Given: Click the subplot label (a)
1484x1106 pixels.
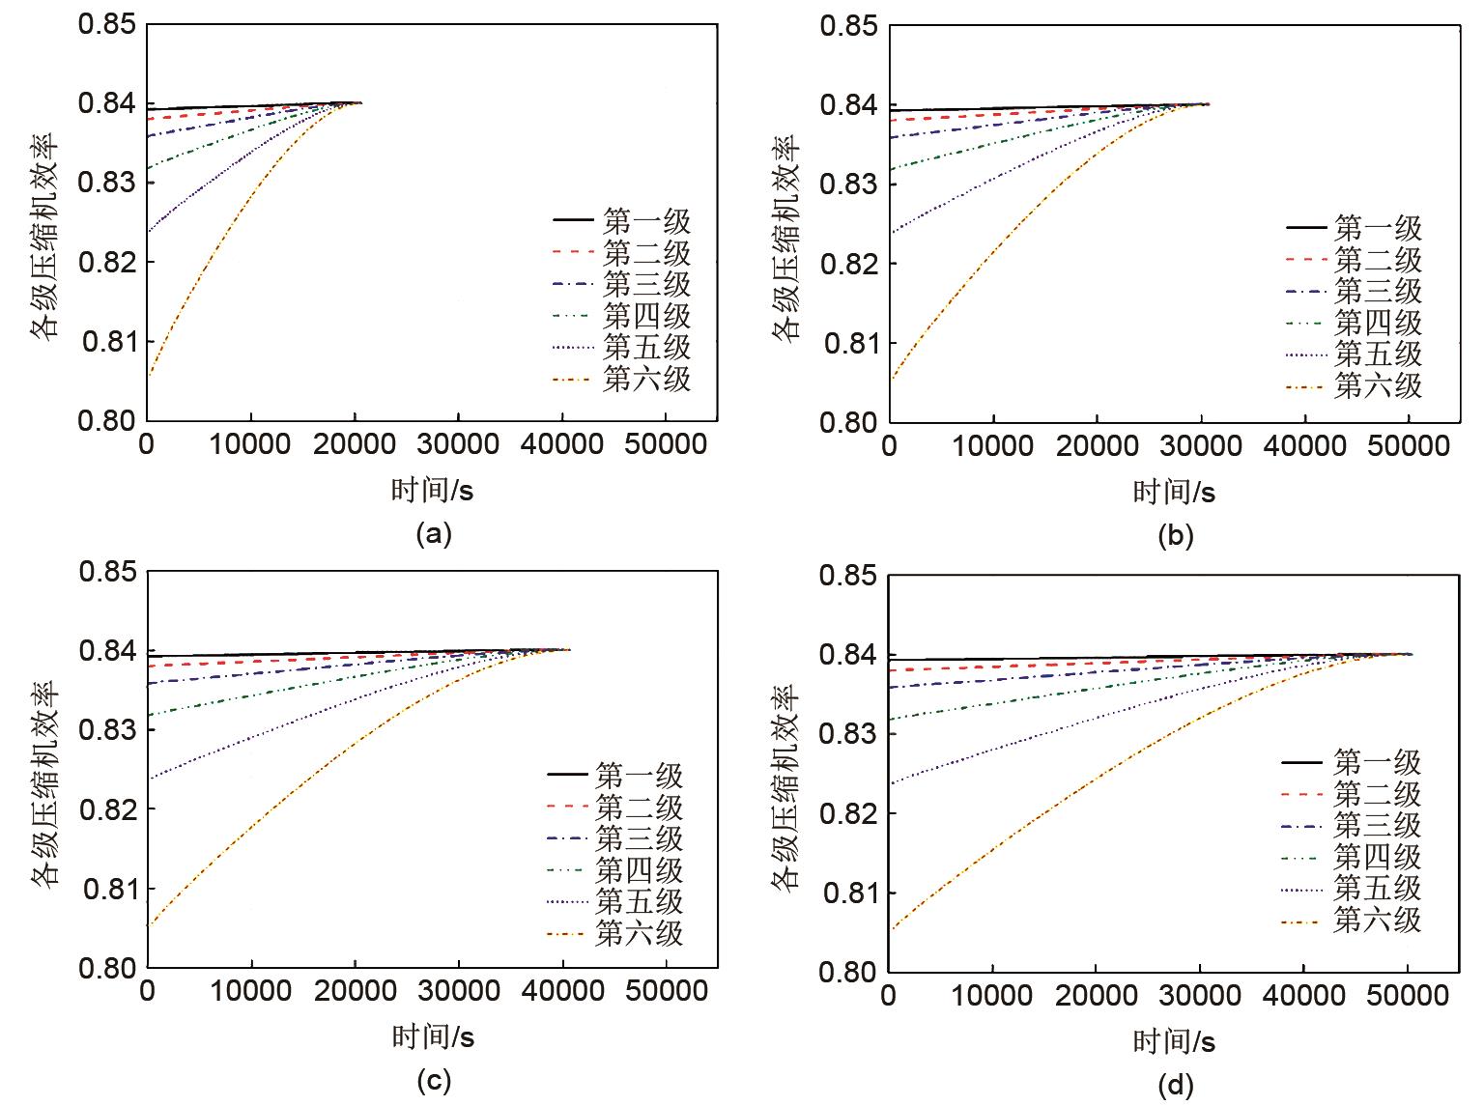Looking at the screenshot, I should (433, 534).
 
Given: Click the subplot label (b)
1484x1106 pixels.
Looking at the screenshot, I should (1175, 536).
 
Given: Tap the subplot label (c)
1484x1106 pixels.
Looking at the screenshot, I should (433, 1081).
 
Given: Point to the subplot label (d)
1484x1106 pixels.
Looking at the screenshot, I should (1175, 1086).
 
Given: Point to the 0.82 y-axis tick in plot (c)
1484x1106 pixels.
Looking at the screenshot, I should (108, 808).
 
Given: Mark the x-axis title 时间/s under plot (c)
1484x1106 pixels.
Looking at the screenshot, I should (433, 1037).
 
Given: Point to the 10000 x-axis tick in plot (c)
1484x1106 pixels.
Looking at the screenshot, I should (251, 992).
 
